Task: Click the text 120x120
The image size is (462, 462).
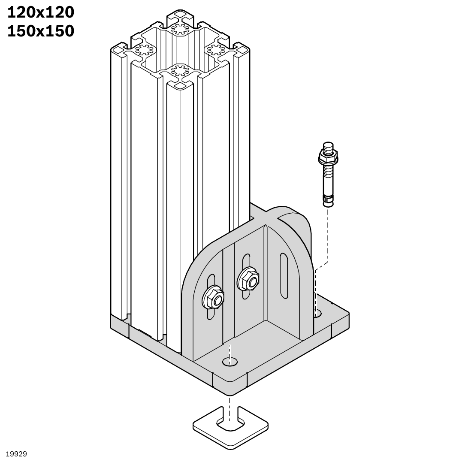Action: click(41, 13)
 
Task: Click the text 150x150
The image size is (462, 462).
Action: click(41, 31)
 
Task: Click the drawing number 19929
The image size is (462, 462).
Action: click(16, 454)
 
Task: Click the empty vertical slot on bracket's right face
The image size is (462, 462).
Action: click(284, 275)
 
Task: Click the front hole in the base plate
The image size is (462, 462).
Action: click(230, 361)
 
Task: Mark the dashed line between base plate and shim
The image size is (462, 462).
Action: click(230, 405)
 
